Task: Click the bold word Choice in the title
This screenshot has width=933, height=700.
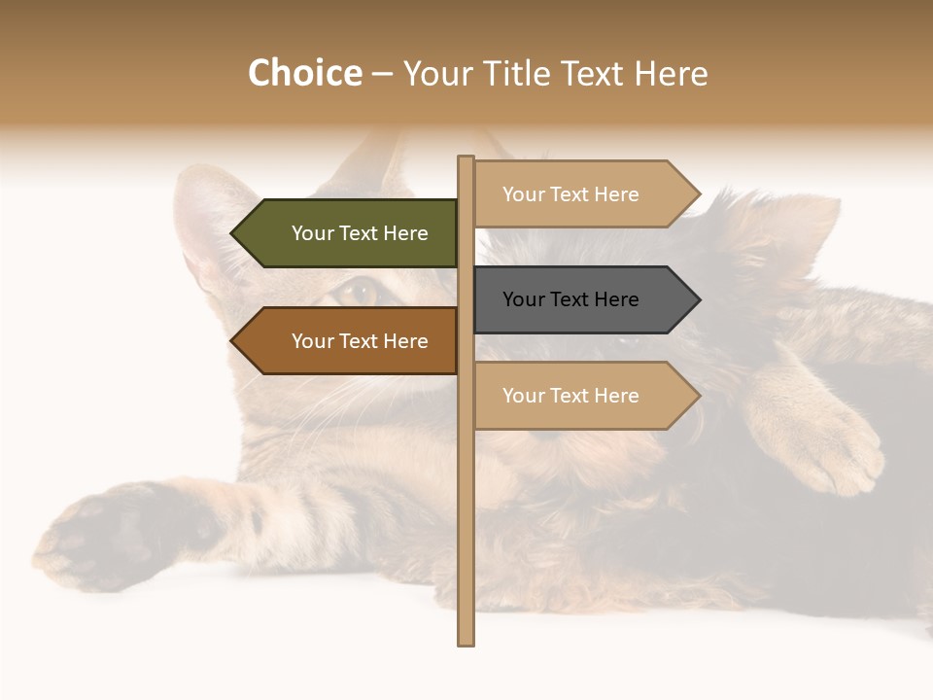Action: coord(304,73)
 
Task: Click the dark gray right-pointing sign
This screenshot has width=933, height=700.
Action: coord(583,299)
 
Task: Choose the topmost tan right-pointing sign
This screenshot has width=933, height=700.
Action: coord(583,194)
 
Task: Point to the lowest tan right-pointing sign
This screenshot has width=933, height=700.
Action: coord(583,396)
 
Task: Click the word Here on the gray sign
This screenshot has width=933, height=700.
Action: coord(615,299)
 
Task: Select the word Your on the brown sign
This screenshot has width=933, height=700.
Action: coord(312,341)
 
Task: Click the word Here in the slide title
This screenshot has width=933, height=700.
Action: coord(671,73)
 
